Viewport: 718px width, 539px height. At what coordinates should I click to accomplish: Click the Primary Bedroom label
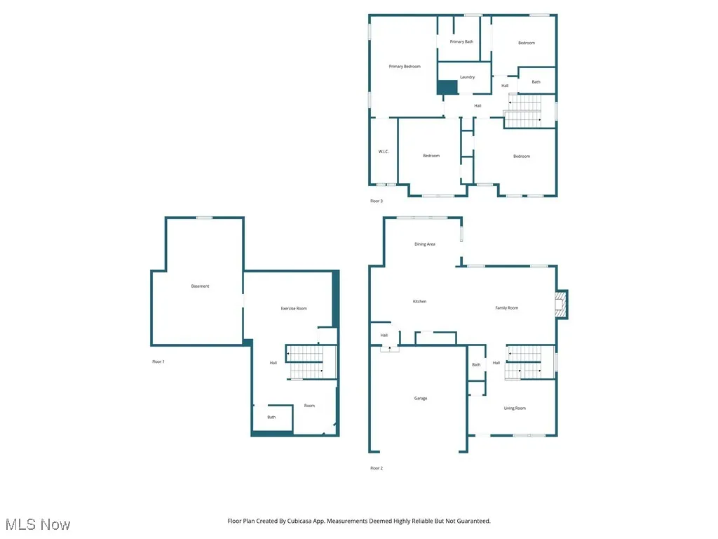click(x=405, y=67)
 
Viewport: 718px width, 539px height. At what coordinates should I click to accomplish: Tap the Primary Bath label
click(x=461, y=42)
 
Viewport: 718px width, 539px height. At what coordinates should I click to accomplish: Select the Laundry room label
click(x=467, y=77)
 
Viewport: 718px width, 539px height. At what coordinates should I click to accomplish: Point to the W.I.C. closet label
click(x=384, y=152)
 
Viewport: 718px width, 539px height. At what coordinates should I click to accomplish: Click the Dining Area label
click(x=425, y=244)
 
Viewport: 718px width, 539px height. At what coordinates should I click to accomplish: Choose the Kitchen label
click(x=419, y=302)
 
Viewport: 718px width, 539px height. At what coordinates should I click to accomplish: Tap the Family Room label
click(x=506, y=308)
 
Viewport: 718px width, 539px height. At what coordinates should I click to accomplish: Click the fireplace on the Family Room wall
click(x=560, y=305)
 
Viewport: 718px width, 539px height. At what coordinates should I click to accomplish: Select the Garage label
click(x=420, y=399)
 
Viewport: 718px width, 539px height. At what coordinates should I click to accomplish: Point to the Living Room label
click(x=515, y=408)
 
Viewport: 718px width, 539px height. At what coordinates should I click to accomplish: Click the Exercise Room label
click(x=294, y=309)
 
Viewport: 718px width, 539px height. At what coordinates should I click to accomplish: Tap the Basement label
click(x=200, y=286)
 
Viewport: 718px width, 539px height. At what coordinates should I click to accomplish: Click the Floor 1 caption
click(x=158, y=362)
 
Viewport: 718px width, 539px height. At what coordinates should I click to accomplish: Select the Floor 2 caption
click(x=377, y=468)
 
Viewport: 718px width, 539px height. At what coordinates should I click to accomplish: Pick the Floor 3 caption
click(x=377, y=201)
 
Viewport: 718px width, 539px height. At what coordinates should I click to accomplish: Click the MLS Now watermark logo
click(x=38, y=524)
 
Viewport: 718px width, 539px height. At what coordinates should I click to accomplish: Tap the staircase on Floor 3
click(x=523, y=111)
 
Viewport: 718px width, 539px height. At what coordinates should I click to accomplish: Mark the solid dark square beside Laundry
click(x=447, y=87)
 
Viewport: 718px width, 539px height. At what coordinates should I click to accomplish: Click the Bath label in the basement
click(x=271, y=418)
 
